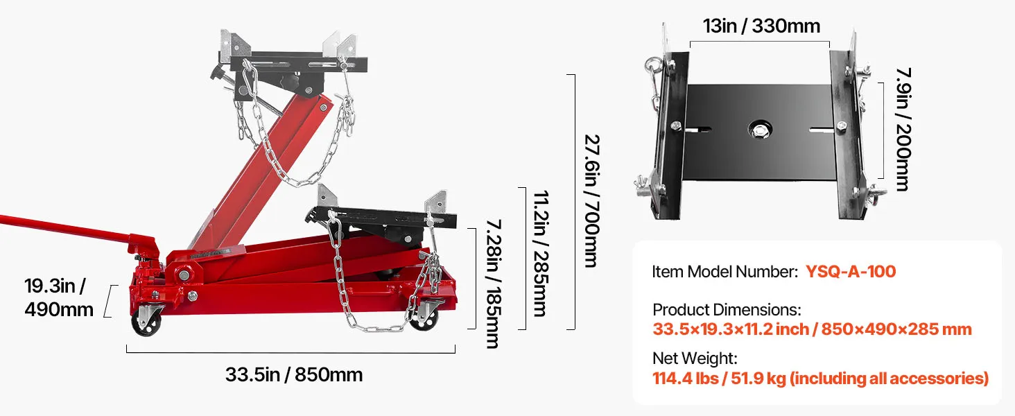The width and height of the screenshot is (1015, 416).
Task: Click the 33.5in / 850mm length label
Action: click(294, 375)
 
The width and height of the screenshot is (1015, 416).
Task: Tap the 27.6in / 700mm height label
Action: click(592, 201)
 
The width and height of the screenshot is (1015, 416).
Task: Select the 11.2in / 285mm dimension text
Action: click(541, 253)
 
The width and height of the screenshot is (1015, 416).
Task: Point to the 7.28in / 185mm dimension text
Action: click(494, 284)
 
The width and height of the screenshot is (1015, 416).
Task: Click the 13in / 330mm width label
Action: click(761, 26)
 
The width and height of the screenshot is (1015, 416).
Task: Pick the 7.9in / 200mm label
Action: click(903, 130)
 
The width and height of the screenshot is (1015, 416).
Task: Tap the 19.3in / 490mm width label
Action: click(59, 297)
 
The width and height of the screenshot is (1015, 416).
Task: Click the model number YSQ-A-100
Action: click(851, 272)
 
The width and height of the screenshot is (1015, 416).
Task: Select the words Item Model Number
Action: click(725, 272)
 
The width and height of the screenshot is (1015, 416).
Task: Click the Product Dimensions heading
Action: click(727, 310)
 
